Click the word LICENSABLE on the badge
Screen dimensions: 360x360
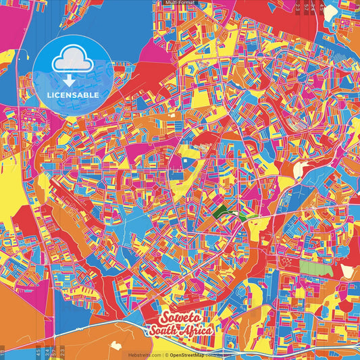tap(74, 95)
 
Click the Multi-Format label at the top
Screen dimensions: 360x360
tap(180, 3)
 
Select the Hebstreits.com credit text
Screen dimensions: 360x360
tap(144, 355)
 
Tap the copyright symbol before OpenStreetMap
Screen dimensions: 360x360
tap(167, 355)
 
